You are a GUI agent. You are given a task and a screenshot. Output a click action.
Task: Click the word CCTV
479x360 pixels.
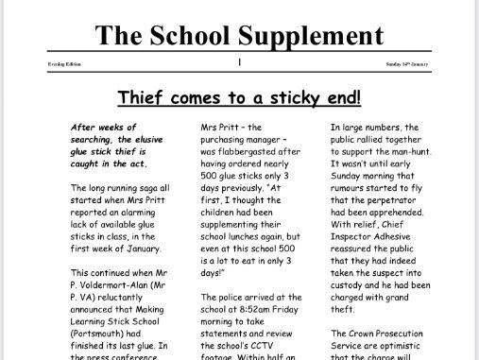pos(263,317)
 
